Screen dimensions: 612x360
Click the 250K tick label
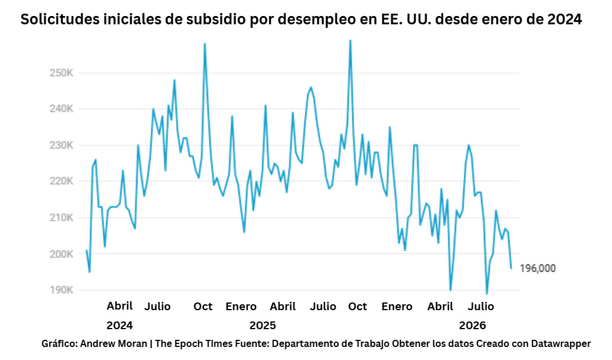61,73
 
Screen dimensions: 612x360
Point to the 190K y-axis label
61,290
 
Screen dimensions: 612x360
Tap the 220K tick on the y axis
61,181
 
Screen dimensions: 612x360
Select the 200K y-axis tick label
61,254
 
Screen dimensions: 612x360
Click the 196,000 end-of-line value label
537,268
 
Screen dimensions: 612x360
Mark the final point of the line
511,268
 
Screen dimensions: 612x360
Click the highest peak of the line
350,40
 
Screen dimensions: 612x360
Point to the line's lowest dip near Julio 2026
487,294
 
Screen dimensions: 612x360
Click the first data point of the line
87,250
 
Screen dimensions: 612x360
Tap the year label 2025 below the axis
263,325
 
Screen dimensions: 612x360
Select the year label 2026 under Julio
472,325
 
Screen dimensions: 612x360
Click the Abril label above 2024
119,305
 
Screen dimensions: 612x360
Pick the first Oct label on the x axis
203,307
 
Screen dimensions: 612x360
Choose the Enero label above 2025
241,307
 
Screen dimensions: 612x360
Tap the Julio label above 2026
481,307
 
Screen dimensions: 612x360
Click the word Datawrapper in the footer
561,344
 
